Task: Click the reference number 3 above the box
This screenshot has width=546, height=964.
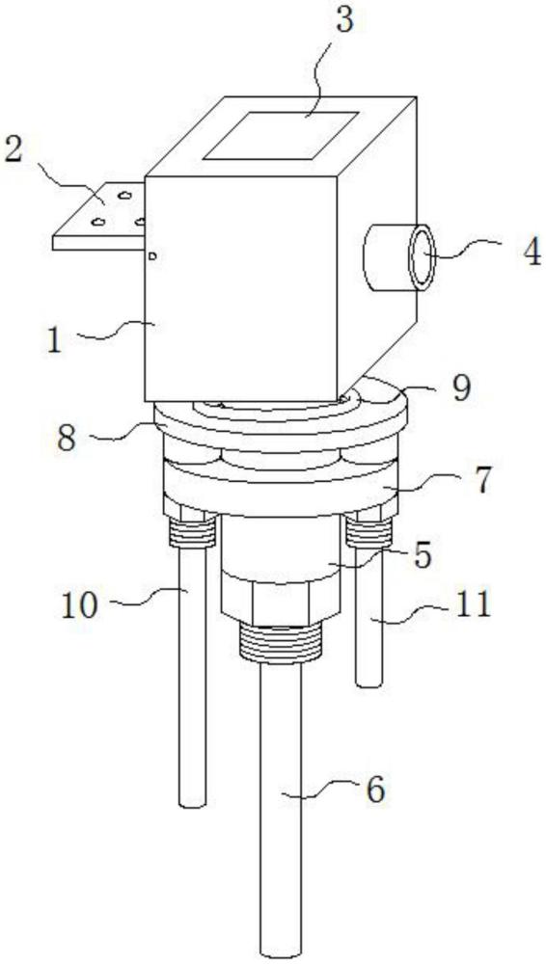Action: [343, 21]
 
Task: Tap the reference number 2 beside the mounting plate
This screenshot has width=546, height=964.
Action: [14, 148]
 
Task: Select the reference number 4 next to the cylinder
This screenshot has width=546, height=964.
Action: [531, 252]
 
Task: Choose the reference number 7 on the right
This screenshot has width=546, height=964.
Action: [483, 481]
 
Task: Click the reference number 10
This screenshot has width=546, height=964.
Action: [79, 606]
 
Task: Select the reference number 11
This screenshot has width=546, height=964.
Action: [474, 603]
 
